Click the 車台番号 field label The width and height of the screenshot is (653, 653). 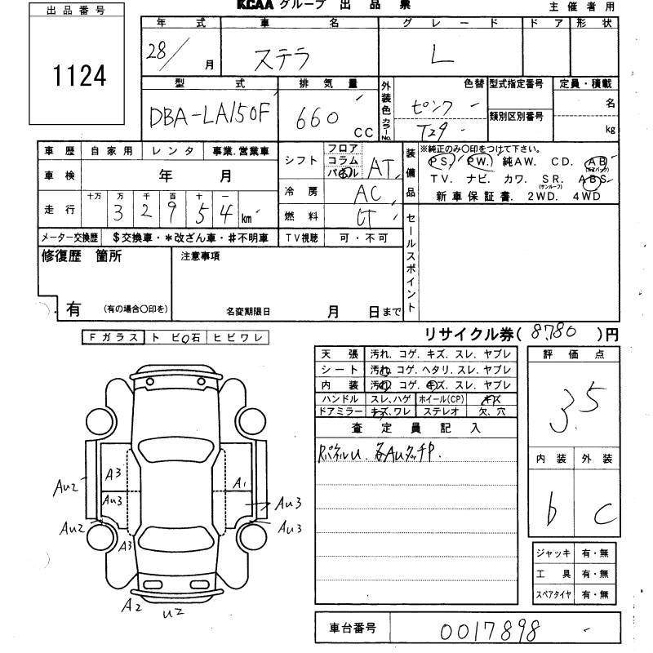click(x=353, y=629)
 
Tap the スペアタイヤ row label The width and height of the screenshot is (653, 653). click(x=554, y=595)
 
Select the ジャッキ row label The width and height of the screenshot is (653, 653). click(x=554, y=553)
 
